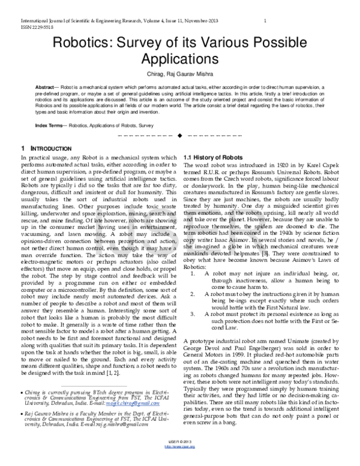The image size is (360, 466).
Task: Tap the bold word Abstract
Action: [x=47, y=88]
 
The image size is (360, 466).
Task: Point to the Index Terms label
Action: [x=50, y=124]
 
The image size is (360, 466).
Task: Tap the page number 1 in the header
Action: [x=265, y=21]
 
